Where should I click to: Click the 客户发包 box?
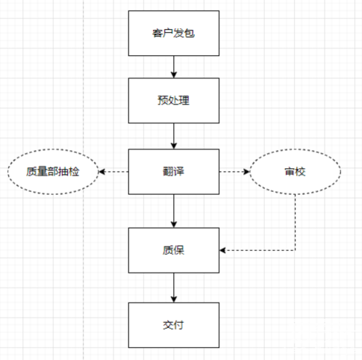(x=174, y=33)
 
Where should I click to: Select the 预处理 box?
(x=174, y=101)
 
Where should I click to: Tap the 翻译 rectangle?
(x=174, y=172)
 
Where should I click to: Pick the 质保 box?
(x=174, y=250)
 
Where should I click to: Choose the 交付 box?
(x=174, y=325)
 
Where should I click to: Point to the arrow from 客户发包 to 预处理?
(x=174, y=67)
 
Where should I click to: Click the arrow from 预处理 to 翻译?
(x=174, y=136)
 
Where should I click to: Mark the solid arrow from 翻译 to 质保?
(x=174, y=211)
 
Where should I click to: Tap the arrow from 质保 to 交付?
(x=174, y=288)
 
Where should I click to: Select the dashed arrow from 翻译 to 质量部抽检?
(x=113, y=172)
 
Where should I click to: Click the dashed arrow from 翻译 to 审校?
(x=234, y=172)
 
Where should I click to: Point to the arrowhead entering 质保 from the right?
(x=222, y=250)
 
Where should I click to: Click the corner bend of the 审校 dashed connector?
(x=296, y=250)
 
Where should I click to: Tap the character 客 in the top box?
(x=157, y=33)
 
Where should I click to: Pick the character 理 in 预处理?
(x=184, y=101)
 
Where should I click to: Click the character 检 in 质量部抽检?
(x=74, y=172)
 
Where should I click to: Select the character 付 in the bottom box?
(x=178, y=325)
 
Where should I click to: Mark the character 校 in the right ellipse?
(x=300, y=172)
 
